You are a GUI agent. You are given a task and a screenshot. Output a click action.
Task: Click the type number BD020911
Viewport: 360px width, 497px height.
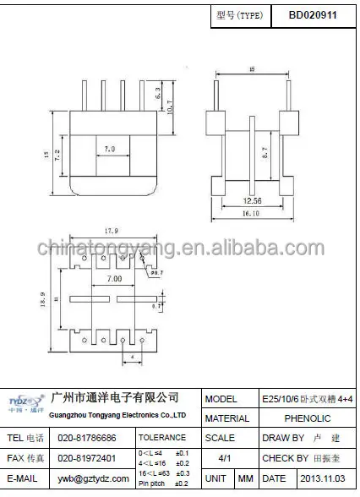(312, 14)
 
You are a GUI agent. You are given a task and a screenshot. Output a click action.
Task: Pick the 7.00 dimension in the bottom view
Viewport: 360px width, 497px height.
(113, 278)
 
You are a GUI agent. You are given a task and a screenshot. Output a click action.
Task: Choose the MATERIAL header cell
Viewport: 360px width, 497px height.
(227, 418)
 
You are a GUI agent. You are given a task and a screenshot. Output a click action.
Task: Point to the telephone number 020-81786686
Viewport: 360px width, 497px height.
(87, 439)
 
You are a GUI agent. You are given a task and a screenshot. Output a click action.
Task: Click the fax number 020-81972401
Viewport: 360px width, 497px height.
(87, 458)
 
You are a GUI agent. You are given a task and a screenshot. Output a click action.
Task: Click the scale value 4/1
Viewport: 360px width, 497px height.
(226, 458)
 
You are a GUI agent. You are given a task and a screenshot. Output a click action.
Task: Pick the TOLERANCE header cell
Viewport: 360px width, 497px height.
(161, 439)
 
